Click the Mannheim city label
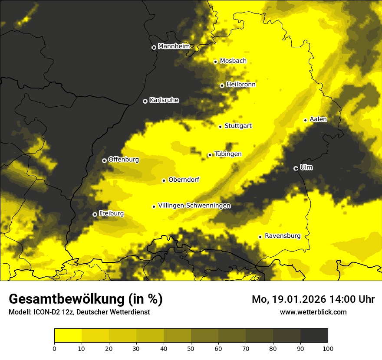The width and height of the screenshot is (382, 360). point(174,46)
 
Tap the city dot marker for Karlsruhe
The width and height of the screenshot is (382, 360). point(145,101)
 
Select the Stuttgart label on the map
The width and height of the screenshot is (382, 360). point(238,126)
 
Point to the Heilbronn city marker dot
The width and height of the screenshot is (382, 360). point(222,85)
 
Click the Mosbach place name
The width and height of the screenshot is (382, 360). point(233,61)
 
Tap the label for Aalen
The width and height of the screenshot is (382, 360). point(318,119)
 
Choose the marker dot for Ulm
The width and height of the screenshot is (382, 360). point(296,168)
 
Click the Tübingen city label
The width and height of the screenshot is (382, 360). point(228,154)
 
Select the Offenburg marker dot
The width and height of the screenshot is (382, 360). point(104,160)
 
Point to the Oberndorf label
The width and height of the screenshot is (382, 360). point(184,180)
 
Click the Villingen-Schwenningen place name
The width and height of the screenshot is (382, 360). point(194,206)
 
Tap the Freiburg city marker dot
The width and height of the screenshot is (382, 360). point(95,214)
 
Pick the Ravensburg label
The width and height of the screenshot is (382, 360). point(283,236)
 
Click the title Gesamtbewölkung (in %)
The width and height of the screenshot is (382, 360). point(86,299)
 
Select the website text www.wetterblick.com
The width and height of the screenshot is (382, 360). point(313,312)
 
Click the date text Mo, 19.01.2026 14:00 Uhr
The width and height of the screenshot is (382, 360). point(313,299)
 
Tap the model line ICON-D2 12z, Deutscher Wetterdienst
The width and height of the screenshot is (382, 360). point(79,312)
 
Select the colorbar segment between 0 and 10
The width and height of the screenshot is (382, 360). point(68,336)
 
